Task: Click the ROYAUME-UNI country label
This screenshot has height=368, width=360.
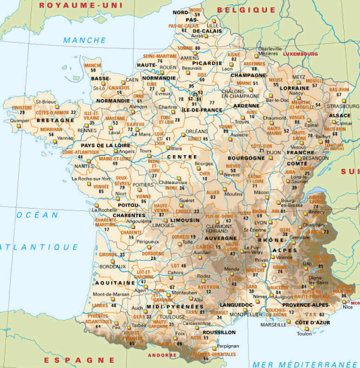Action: (77, 5)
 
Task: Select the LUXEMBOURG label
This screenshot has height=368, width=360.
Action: (300, 53)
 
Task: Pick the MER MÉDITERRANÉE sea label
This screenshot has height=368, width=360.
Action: (303, 363)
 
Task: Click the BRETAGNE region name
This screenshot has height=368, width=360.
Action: (55, 120)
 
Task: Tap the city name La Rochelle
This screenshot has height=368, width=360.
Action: (104, 210)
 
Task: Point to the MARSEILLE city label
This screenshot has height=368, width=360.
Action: (273, 324)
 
